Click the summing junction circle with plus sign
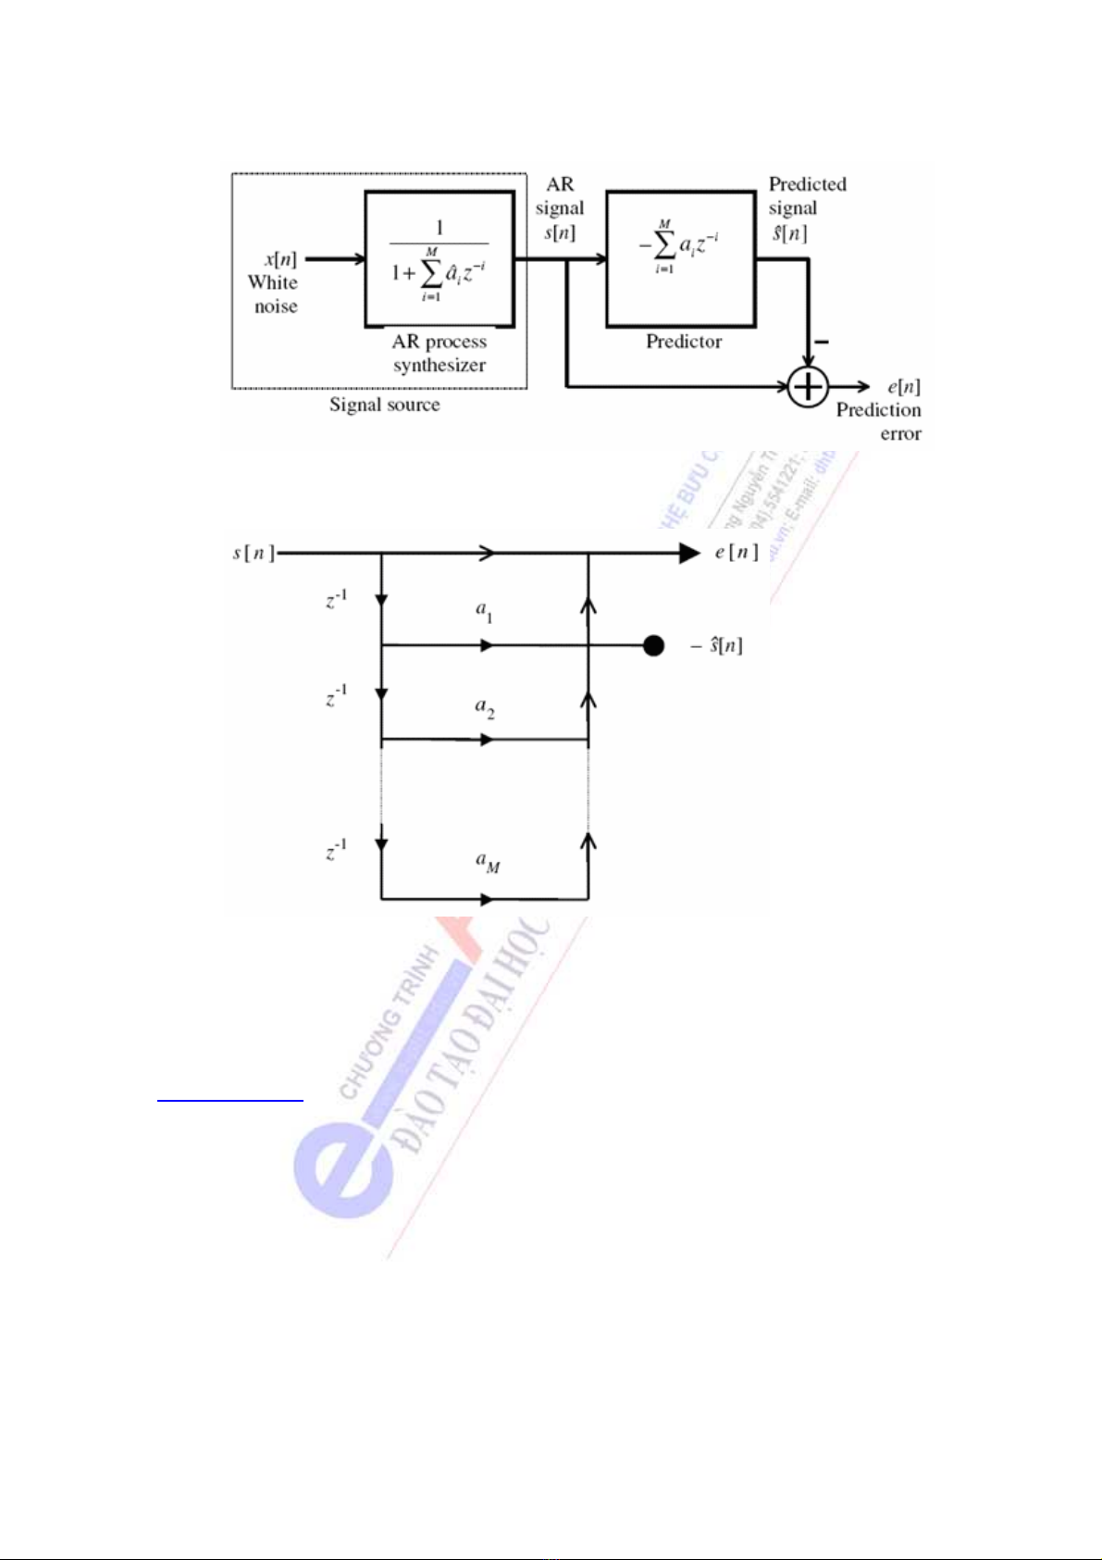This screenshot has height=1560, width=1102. [808, 386]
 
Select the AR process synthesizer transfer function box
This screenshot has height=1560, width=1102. [440, 258]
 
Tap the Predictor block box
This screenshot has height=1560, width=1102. [680, 258]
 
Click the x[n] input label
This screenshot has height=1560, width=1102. [280, 259]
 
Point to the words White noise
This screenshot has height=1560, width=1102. [274, 294]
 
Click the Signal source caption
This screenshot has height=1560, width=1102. [385, 405]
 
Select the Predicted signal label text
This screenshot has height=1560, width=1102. [807, 196]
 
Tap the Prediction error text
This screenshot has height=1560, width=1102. [879, 421]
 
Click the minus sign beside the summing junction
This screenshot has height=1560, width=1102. [822, 343]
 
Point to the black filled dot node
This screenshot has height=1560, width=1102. [654, 646]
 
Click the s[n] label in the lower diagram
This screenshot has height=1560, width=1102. [252, 554]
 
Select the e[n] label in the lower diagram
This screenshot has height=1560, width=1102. [737, 553]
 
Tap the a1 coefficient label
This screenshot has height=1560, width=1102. [484, 611]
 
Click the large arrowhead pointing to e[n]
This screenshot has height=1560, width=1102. [690, 554]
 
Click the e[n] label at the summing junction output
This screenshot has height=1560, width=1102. [903, 386]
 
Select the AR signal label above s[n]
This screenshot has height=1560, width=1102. [560, 196]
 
